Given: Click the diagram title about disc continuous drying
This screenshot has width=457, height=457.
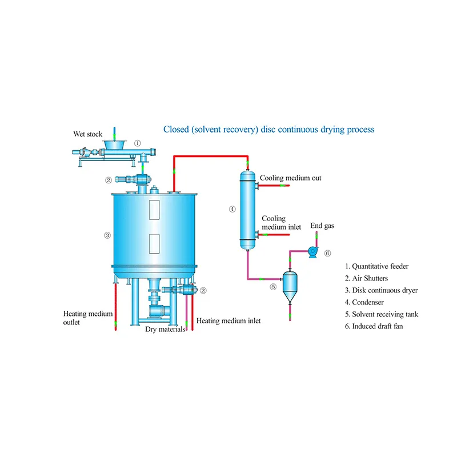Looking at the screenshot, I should [x=268, y=129].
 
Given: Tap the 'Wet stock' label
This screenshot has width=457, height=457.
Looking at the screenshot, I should [x=87, y=134].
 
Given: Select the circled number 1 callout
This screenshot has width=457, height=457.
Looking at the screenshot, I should [x=137, y=143].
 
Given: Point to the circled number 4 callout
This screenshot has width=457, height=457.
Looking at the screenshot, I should [x=232, y=209].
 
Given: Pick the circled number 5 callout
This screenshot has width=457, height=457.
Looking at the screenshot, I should [x=273, y=287].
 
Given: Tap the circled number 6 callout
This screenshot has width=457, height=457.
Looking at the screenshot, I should [x=327, y=252].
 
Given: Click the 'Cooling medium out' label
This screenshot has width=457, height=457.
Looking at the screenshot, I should [x=290, y=178].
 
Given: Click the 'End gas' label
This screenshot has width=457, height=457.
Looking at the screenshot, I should [x=322, y=226].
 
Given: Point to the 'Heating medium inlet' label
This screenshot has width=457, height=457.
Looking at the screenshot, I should [x=228, y=321].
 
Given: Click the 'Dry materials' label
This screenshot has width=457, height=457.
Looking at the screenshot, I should [x=165, y=329].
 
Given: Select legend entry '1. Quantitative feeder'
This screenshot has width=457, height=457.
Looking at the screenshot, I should [x=377, y=266].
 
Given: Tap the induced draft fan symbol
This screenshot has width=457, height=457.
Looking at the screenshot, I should [x=312, y=251].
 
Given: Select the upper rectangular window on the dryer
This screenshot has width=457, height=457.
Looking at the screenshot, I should [x=153, y=209].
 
